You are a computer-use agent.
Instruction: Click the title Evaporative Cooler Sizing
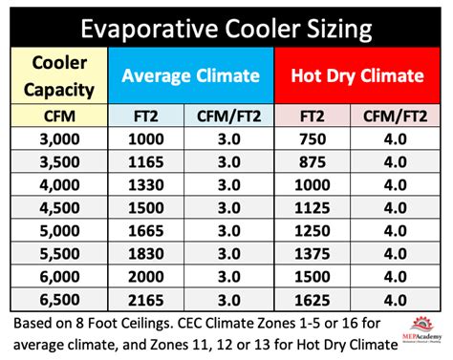click(226, 27)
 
